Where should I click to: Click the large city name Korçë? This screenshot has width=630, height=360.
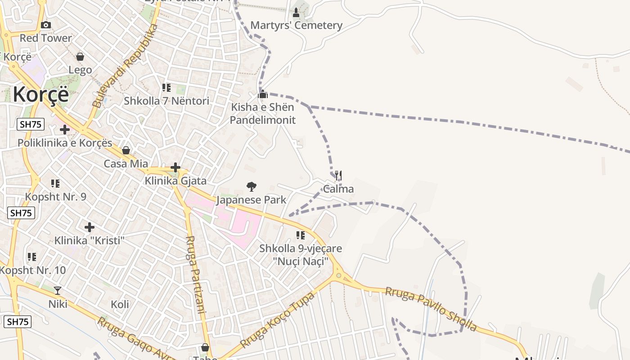coord(41,94)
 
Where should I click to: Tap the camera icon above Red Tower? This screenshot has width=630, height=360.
coord(46,25)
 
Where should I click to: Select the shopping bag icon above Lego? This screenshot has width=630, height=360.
coord(80,57)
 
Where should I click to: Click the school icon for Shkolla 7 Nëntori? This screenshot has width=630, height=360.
coord(166,88)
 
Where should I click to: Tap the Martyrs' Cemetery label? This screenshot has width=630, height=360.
coord(296,25)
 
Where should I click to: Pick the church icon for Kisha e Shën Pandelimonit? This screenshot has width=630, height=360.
coord(263,94)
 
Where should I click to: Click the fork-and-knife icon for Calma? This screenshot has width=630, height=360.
coord(338,175)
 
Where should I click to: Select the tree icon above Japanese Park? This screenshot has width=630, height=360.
coord(252,186)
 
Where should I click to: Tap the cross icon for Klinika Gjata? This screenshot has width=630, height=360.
coord(175,168)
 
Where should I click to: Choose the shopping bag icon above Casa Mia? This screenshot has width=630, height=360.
coord(126,150)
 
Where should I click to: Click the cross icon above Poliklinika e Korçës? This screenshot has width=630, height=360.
coord(65,130)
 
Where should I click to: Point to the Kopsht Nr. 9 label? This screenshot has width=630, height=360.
coord(56,197)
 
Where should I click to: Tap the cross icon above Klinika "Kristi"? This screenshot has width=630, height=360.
coord(90,227)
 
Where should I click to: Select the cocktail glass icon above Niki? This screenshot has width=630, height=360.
coord(58,291)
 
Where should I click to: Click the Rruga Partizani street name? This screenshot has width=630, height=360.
coord(196,274)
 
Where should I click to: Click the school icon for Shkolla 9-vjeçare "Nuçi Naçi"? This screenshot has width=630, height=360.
coord(301,235)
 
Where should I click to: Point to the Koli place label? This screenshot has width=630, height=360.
coord(120,304)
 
